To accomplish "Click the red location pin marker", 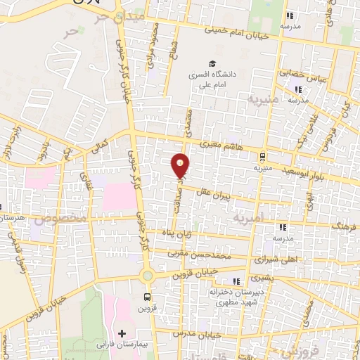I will click(x=181, y=165).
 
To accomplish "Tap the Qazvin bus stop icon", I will click(x=147, y=297).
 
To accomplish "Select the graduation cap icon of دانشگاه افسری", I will click(x=212, y=62).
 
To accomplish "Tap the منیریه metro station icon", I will click(x=262, y=157).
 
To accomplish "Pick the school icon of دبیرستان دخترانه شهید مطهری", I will click(x=245, y=280).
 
